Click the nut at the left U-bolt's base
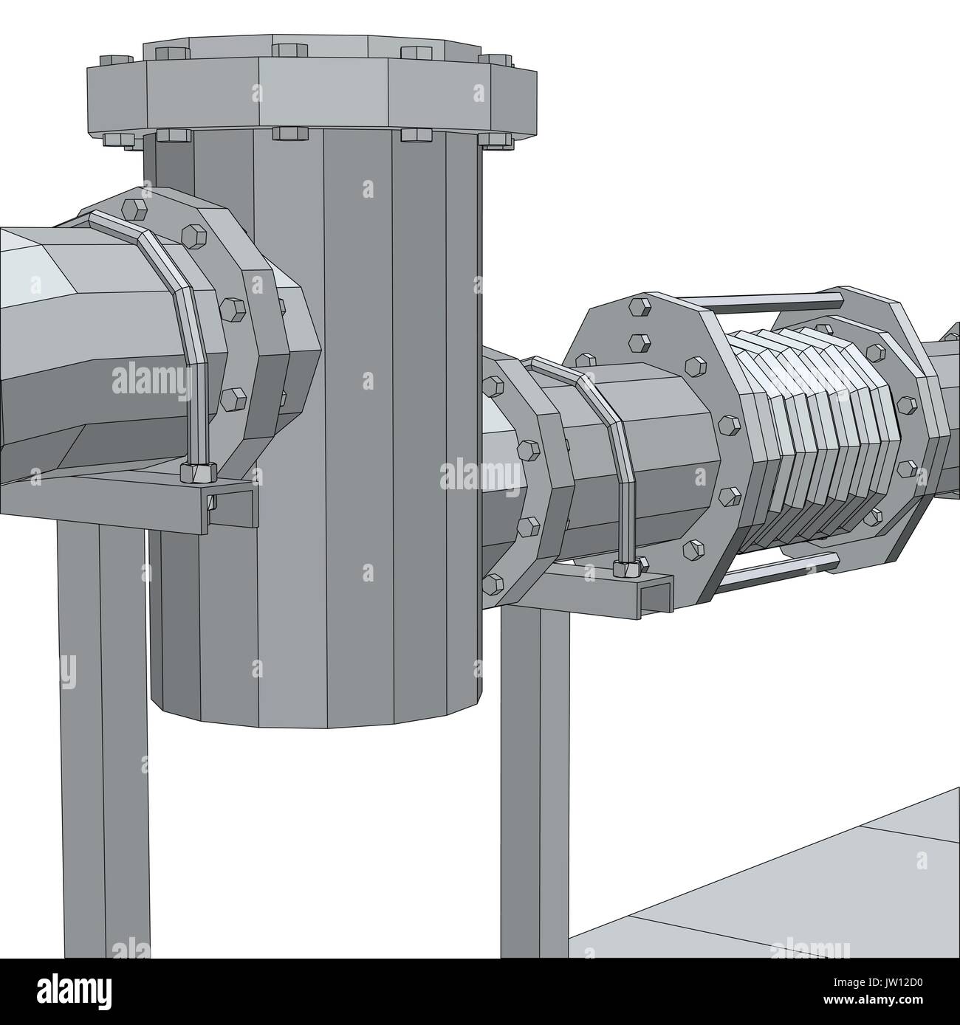tap(198, 470)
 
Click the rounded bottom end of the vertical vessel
tap(318, 708)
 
